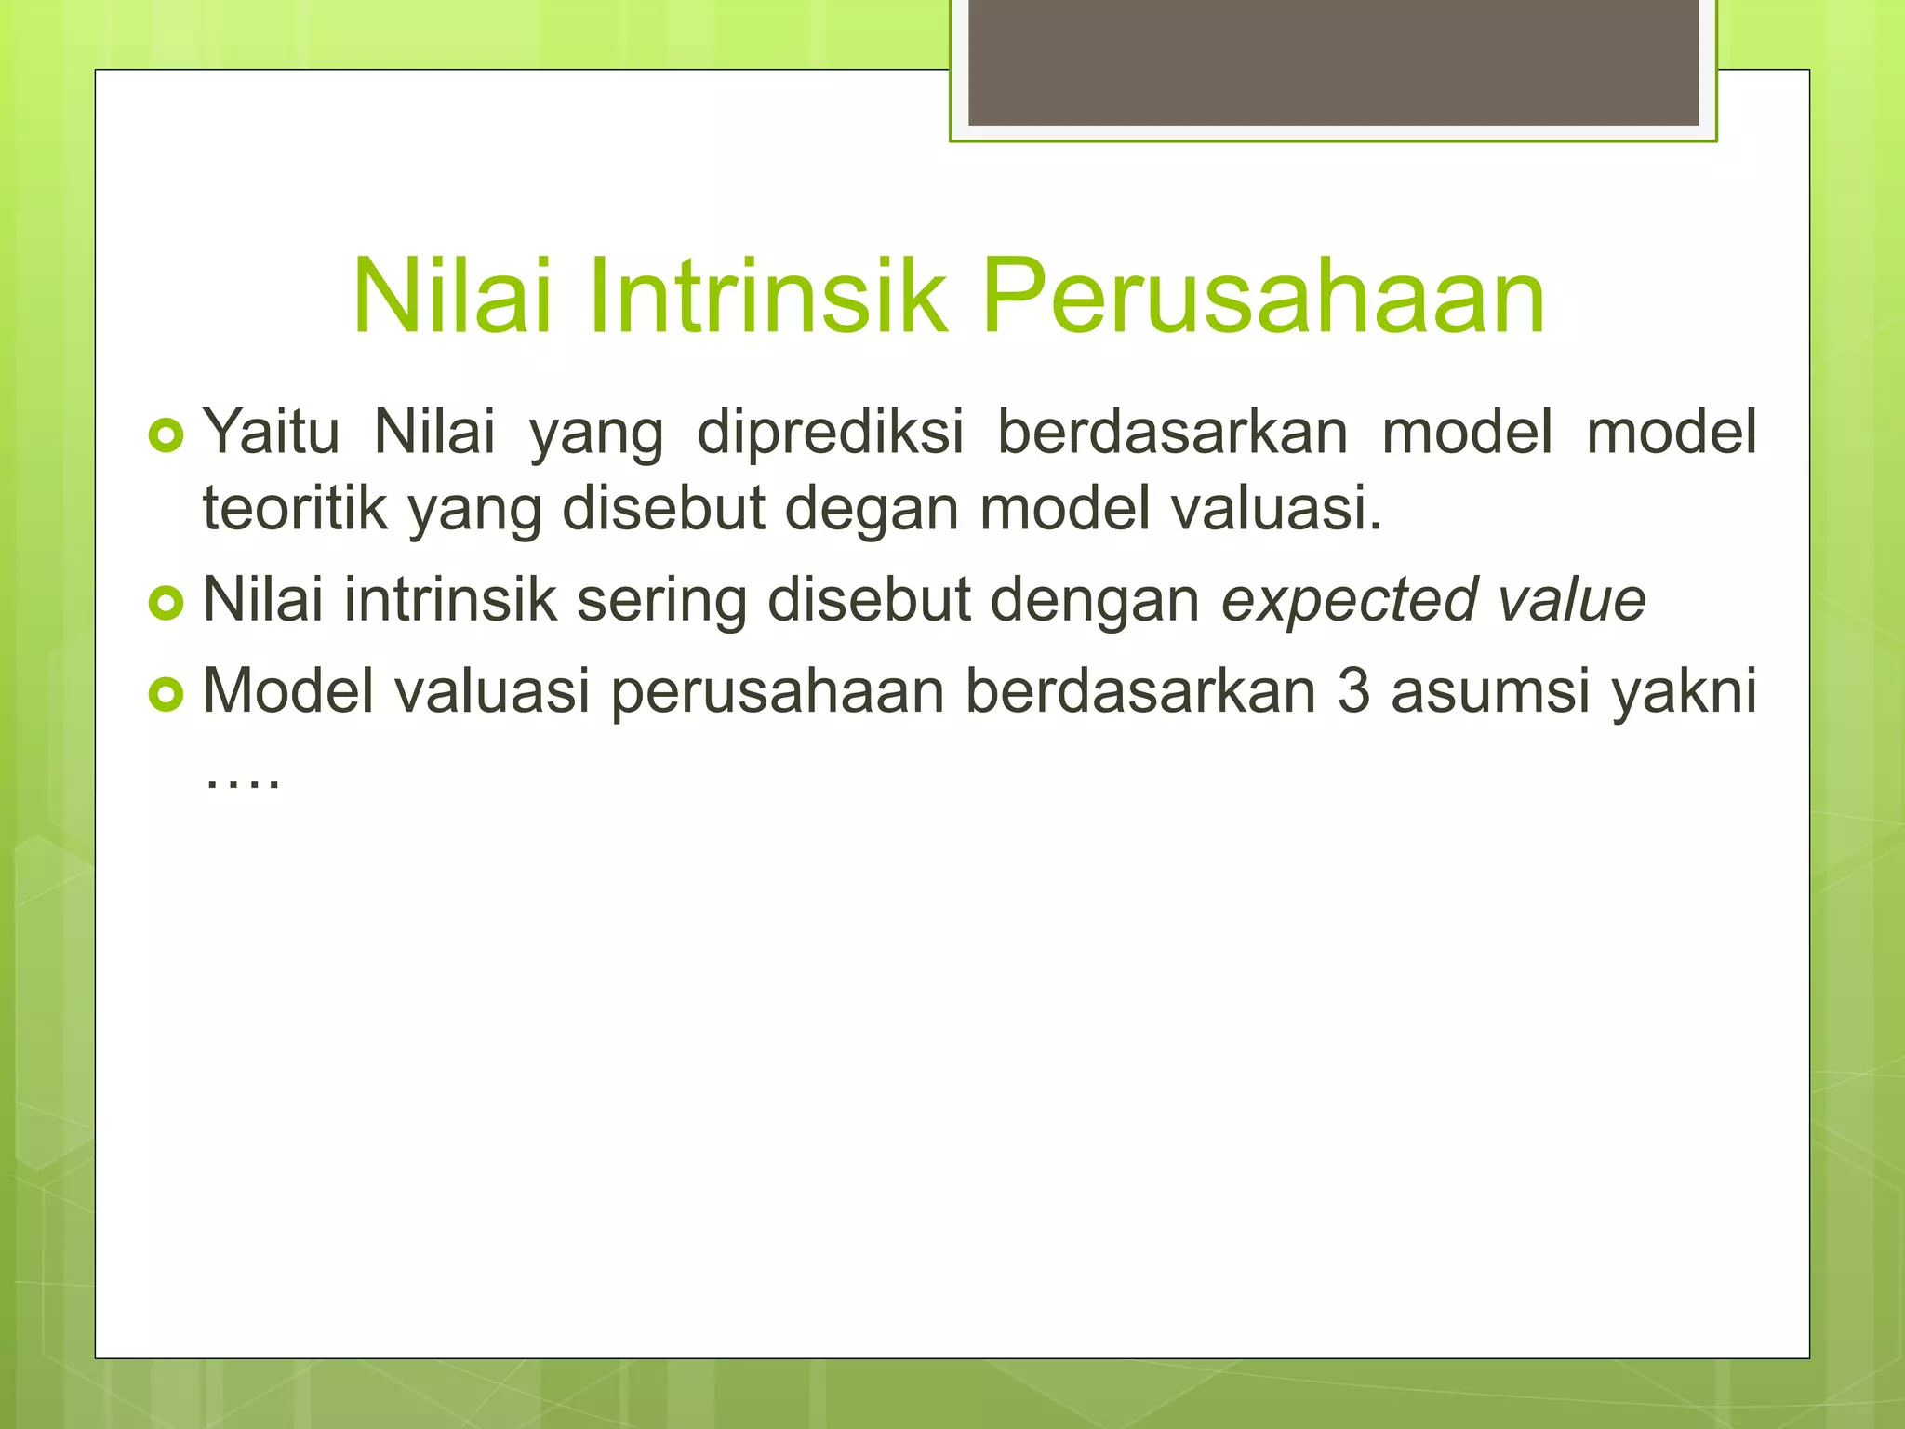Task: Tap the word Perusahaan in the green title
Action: click(x=1263, y=296)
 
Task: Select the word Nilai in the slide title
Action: click(x=452, y=296)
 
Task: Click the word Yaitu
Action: click(x=271, y=432)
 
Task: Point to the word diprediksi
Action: click(x=830, y=434)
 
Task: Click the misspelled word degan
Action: click(x=871, y=510)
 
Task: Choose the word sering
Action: click(x=661, y=601)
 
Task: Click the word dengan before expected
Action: click(x=1095, y=601)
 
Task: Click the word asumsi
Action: click(x=1490, y=691)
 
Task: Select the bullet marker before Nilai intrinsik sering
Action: click(x=167, y=603)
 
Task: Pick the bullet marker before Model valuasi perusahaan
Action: click(x=167, y=694)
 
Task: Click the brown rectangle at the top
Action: click(x=1333, y=61)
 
